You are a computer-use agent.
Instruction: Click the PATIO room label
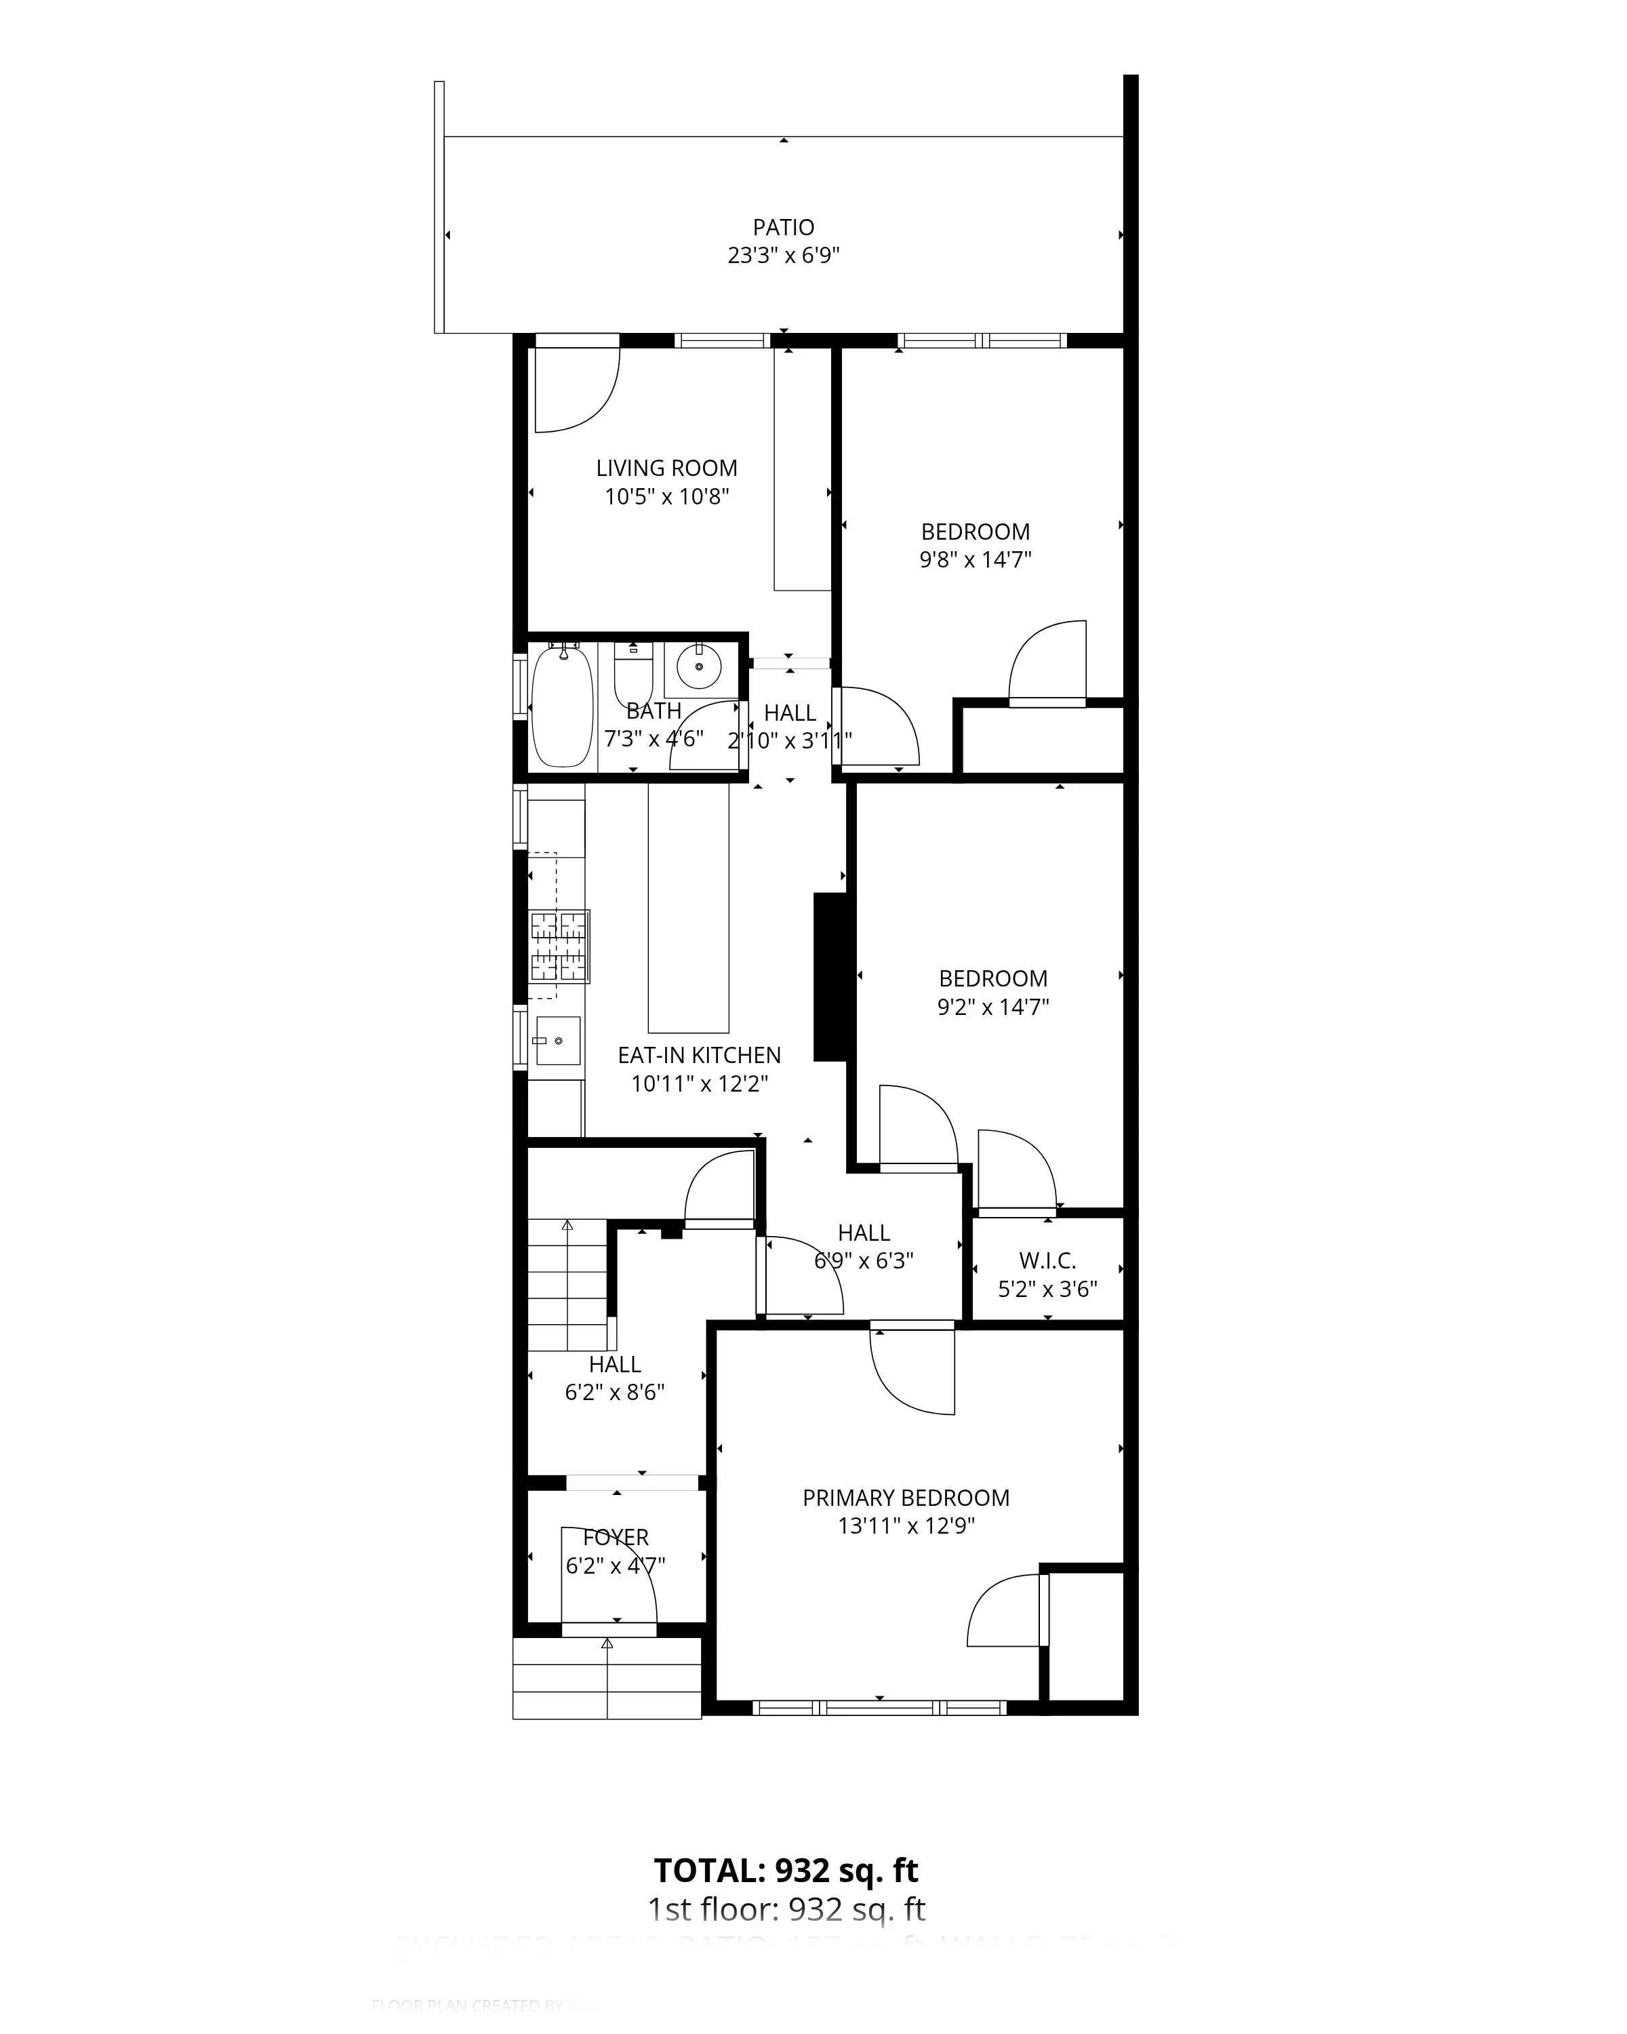click(783, 227)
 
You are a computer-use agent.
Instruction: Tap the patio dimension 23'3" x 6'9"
click(783, 256)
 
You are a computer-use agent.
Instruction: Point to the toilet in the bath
click(633, 674)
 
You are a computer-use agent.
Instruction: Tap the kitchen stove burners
click(559, 946)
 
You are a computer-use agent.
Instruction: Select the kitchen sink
click(557, 1041)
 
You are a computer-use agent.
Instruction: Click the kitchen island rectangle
click(689, 908)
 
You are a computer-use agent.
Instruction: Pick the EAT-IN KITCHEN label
click(699, 1056)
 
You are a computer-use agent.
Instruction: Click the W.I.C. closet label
click(1047, 1261)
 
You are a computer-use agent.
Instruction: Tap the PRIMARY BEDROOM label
click(906, 1498)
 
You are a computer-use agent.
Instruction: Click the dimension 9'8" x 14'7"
click(976, 559)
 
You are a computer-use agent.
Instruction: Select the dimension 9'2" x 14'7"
click(992, 1007)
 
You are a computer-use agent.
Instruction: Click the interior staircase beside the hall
click(566, 1285)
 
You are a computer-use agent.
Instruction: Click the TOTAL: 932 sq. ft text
click(786, 1870)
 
